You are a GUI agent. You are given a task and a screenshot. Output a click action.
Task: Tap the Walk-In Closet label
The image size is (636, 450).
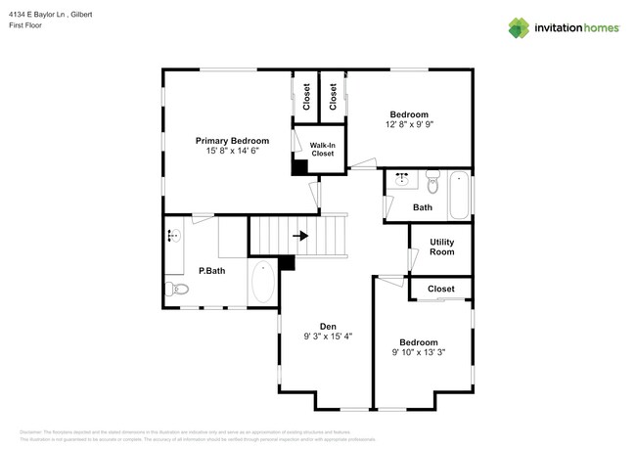pyautogui.click(x=323, y=149)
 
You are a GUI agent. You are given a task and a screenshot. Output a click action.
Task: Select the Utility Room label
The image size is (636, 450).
pyautogui.click(x=441, y=247)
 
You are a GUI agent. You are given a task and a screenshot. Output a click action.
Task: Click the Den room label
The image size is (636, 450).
pyautogui.click(x=328, y=325)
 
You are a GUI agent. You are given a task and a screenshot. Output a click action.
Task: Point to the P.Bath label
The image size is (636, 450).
pyautogui.click(x=212, y=271)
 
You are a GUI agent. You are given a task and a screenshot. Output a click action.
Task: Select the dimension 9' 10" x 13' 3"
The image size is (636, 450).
pyautogui.click(x=419, y=352)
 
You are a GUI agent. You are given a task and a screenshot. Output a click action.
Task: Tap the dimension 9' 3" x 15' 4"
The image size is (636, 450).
pyautogui.click(x=328, y=337)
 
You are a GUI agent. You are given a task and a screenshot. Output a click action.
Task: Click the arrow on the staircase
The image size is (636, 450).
pyautogui.click(x=300, y=235)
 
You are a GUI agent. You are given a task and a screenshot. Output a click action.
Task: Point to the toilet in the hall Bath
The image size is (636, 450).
pyautogui.click(x=432, y=178)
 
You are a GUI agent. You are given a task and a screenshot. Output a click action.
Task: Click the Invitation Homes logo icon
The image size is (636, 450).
pyautogui.click(x=520, y=28)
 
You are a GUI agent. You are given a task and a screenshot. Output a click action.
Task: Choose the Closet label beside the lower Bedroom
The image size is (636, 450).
pyautogui.click(x=441, y=289)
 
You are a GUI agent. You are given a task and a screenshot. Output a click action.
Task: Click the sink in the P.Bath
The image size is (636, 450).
pyautogui.click(x=173, y=236)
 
